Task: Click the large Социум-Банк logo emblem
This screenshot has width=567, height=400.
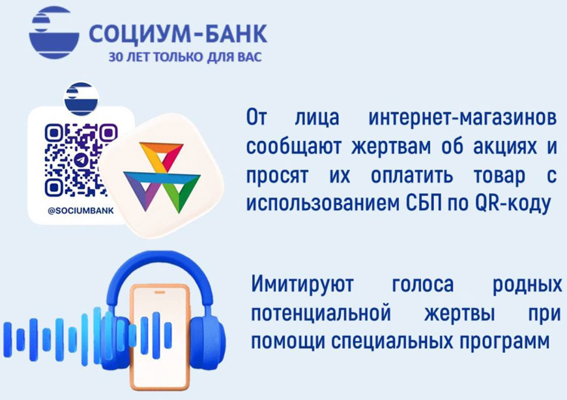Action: [54, 33]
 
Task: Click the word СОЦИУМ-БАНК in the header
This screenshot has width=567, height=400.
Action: [178, 34]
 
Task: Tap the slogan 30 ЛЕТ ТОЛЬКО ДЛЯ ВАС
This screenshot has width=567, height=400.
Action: [185, 57]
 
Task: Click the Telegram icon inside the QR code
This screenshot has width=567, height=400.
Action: [81, 160]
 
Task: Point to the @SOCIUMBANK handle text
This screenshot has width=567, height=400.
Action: [81, 211]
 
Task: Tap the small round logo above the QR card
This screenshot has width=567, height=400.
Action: [81, 99]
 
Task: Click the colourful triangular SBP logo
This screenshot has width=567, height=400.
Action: [162, 177]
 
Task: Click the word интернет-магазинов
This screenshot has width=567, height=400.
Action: [463, 117]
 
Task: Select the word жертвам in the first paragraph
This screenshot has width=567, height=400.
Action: [391, 147]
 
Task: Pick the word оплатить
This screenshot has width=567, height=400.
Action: [412, 176]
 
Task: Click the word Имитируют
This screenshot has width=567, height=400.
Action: [302, 285]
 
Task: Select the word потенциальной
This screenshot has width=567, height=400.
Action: [321, 313]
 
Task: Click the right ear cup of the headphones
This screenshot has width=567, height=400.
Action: [206, 340]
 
